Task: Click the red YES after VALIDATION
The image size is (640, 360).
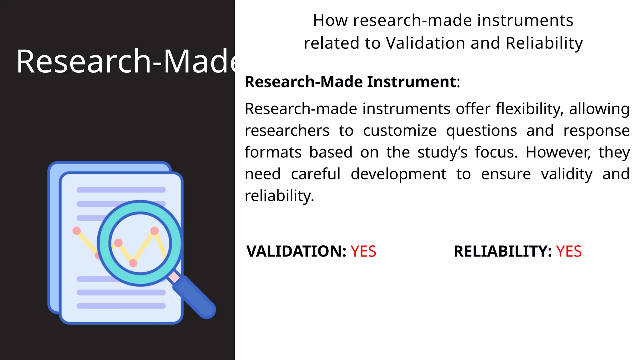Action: (363, 252)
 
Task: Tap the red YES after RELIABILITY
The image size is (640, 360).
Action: (569, 252)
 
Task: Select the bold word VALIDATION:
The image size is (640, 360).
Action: (296, 252)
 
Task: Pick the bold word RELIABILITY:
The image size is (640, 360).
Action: (502, 252)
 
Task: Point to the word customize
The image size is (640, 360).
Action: (400, 131)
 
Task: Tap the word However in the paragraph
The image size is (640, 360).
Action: (558, 152)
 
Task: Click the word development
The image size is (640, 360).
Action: (398, 174)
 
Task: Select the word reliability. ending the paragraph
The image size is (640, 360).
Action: (279, 196)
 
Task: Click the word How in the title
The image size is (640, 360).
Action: (330, 21)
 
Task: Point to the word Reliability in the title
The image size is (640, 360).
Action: (544, 43)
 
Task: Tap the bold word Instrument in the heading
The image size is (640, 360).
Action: (412, 82)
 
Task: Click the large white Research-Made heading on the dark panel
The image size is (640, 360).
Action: (125, 62)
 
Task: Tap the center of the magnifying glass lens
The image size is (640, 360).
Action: (140, 243)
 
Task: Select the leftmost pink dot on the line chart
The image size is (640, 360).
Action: (77, 231)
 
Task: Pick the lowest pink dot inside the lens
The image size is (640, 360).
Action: (133, 263)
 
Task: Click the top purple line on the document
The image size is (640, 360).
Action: (121, 190)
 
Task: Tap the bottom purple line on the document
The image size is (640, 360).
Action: (121, 306)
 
